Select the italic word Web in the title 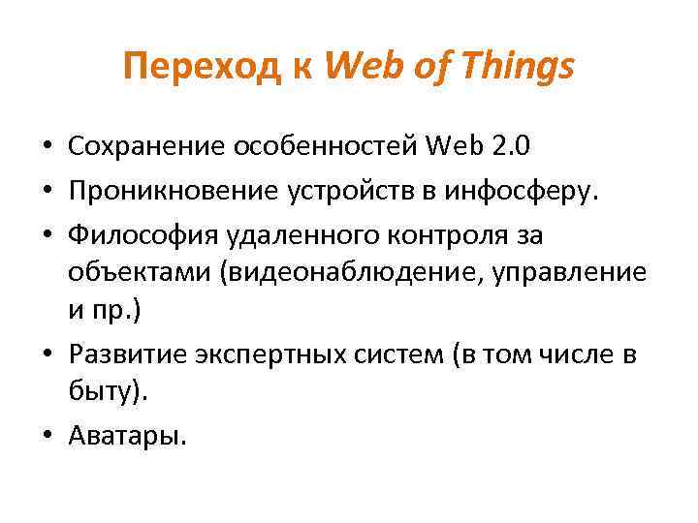pyautogui.click(x=364, y=67)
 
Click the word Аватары pyautogui.click(x=126, y=438)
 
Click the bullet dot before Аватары pyautogui.click(x=48, y=438)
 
